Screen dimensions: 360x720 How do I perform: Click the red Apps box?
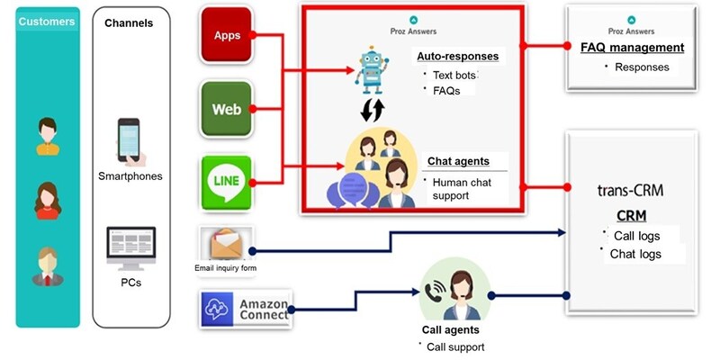tap(228, 36)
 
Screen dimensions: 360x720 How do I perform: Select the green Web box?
tap(228, 109)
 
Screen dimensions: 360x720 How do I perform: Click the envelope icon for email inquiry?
tap(228, 244)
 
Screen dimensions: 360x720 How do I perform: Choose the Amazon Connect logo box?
tap(247, 310)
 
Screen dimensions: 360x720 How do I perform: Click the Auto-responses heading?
tap(457, 56)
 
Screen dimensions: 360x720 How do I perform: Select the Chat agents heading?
tap(458, 161)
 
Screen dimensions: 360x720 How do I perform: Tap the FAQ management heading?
tap(632, 48)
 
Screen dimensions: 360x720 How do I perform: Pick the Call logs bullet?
tap(634, 236)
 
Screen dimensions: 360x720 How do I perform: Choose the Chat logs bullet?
tap(635, 254)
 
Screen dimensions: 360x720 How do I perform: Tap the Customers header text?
tap(46, 21)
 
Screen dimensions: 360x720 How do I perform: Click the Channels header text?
tap(130, 22)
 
